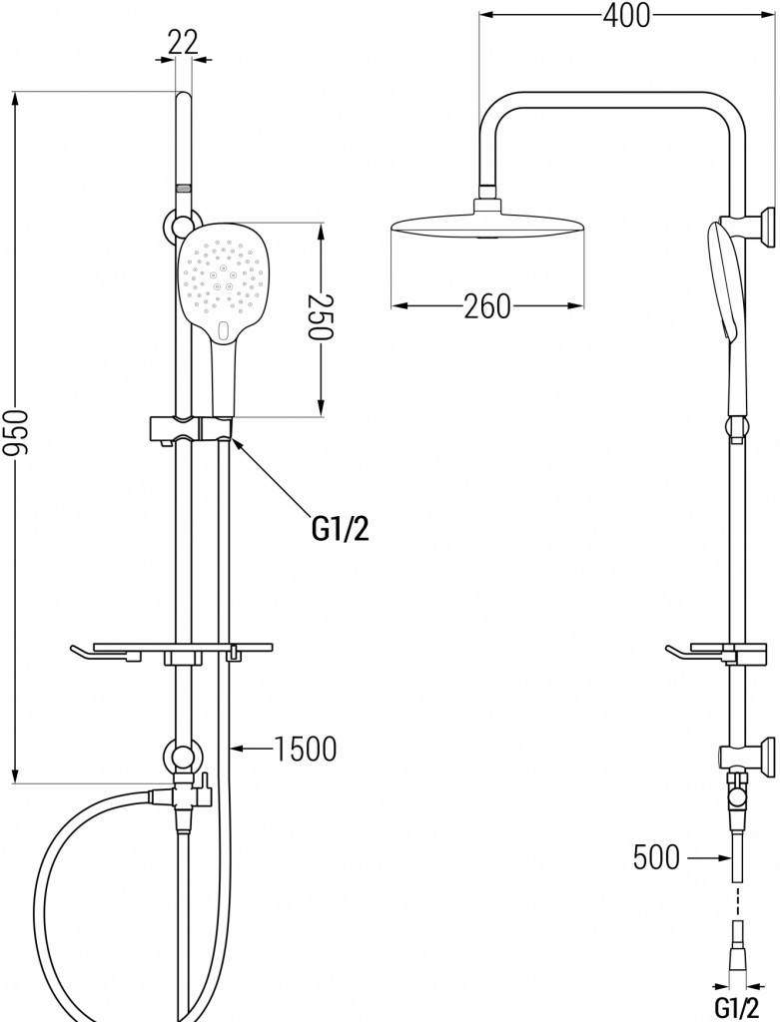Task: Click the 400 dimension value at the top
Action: click(626, 16)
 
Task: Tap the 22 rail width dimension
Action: click(183, 43)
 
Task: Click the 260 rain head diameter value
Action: click(487, 306)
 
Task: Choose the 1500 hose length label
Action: click(305, 749)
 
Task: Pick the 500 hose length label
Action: click(656, 857)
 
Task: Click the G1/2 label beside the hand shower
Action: click(341, 529)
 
